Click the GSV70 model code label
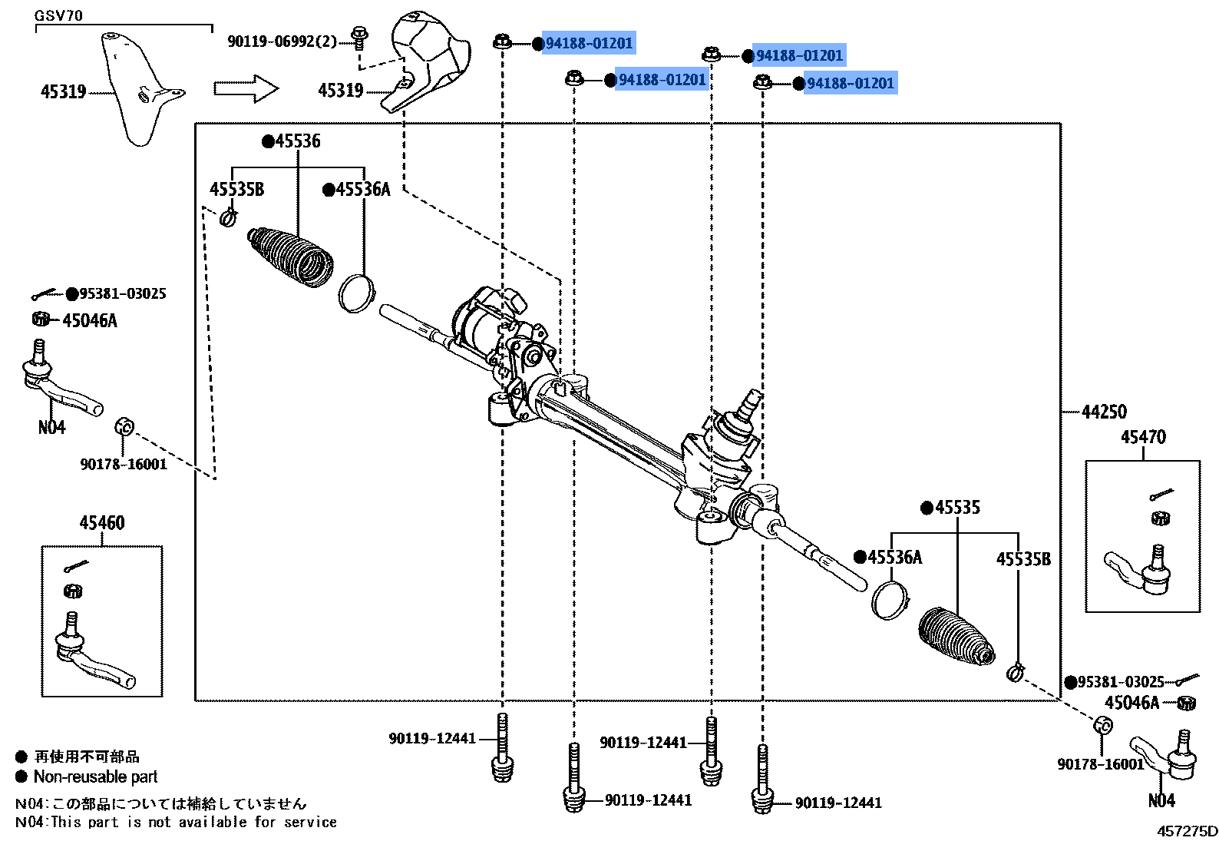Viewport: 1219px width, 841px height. click(x=58, y=15)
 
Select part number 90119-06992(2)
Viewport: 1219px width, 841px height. click(x=282, y=41)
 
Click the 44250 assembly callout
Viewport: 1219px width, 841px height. click(x=1104, y=412)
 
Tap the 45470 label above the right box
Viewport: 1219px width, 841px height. click(x=1143, y=437)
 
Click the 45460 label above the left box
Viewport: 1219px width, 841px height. click(x=102, y=523)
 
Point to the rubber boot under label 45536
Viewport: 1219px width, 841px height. click(x=290, y=258)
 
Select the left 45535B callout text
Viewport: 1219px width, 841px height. click(x=236, y=190)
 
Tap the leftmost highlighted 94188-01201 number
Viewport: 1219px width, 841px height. click(x=589, y=44)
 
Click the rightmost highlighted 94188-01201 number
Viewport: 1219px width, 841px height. click(x=851, y=83)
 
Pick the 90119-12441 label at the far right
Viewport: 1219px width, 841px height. click(x=838, y=803)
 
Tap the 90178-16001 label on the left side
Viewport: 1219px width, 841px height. click(x=124, y=464)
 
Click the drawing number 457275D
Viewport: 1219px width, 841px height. click(x=1187, y=830)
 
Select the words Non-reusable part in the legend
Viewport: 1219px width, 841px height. click(x=95, y=776)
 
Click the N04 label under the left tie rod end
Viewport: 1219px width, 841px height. click(x=51, y=428)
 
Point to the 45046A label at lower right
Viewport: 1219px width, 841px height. click(x=1131, y=703)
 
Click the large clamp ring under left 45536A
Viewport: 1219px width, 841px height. click(x=356, y=293)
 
